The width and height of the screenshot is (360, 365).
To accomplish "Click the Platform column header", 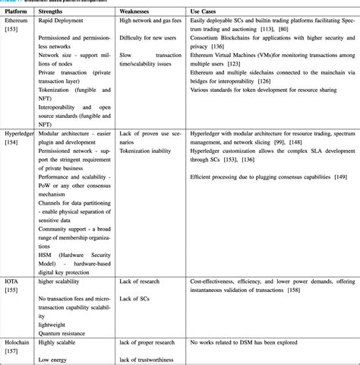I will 19,11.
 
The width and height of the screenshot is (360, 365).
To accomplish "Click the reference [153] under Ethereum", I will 13,31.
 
